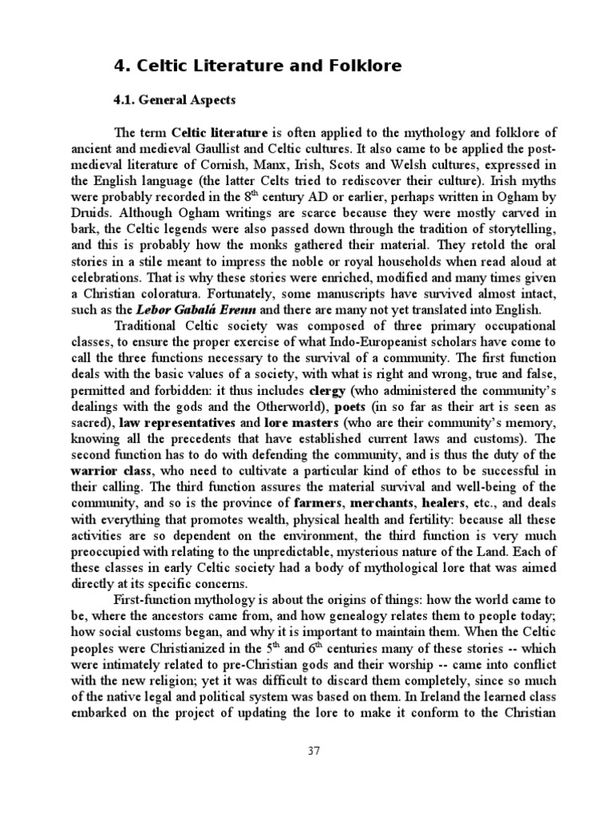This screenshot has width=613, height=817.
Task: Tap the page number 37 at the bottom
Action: pos(313,750)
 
